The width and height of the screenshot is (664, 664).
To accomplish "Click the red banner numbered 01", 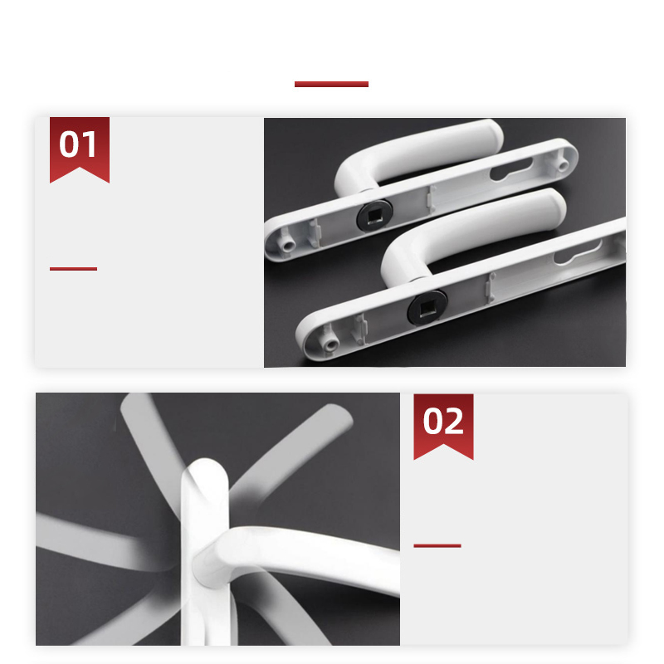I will point(80,148).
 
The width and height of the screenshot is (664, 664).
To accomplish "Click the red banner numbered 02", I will point(443,423).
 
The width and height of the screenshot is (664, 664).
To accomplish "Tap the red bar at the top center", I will point(331,84).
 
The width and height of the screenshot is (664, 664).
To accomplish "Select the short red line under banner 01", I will point(73,268).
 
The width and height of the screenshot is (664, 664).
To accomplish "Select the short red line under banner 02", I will point(437,545).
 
